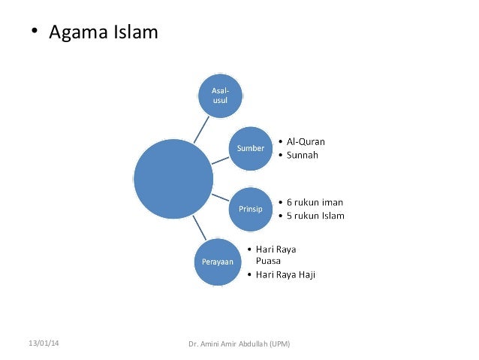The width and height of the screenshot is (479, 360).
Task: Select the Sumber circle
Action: [x=251, y=148]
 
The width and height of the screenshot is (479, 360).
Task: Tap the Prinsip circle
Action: [x=250, y=209]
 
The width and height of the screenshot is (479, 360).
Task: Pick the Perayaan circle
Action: [x=217, y=262]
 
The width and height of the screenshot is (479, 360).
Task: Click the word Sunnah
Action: [x=303, y=156]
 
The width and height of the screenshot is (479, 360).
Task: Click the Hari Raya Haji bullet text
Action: [x=285, y=275]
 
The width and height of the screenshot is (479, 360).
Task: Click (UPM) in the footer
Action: [x=279, y=344]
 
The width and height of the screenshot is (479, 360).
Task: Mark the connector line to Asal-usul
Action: [x=200, y=129]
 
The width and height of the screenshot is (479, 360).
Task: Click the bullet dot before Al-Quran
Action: [x=279, y=142]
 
